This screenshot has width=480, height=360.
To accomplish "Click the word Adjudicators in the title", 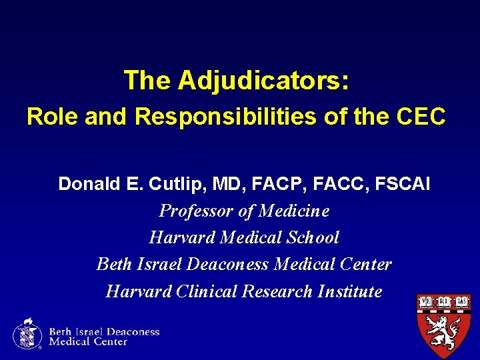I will pos(263,81).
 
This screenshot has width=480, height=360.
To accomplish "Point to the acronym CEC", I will pos(418,117).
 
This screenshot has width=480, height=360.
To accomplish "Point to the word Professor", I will pos(191,211).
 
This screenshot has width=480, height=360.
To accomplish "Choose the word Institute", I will pos(351,291).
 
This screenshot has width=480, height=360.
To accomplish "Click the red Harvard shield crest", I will pos(443,325).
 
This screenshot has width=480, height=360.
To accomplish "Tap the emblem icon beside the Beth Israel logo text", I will pos(27,333).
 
